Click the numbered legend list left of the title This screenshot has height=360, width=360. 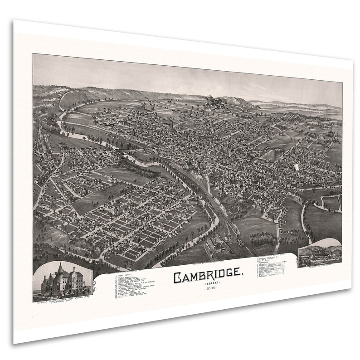pyautogui.click(x=129, y=286)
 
